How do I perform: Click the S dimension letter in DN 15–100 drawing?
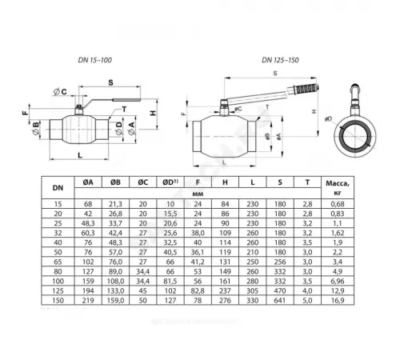pos(110,82)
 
